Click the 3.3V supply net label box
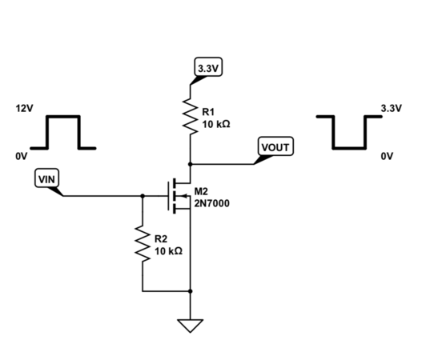tap(208, 66)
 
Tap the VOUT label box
tap(275, 146)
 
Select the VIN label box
tap(46, 178)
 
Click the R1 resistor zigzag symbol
tap(191, 116)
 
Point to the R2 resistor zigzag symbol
tap(143, 243)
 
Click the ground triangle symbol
tap(191, 326)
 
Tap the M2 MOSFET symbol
tap(179, 196)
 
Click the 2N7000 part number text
tap(212, 203)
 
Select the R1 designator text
tap(208, 111)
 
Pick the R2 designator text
tap(161, 238)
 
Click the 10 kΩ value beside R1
tap(216, 125)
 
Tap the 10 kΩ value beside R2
tap(168, 251)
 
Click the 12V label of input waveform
tap(25, 108)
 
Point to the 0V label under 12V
tap(22, 156)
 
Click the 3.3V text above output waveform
tap(392, 108)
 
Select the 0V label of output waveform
tap(387, 156)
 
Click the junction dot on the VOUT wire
tap(191, 164)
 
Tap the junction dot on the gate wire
tap(143, 196)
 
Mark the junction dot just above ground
tap(191, 291)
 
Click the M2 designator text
tap(201, 191)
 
